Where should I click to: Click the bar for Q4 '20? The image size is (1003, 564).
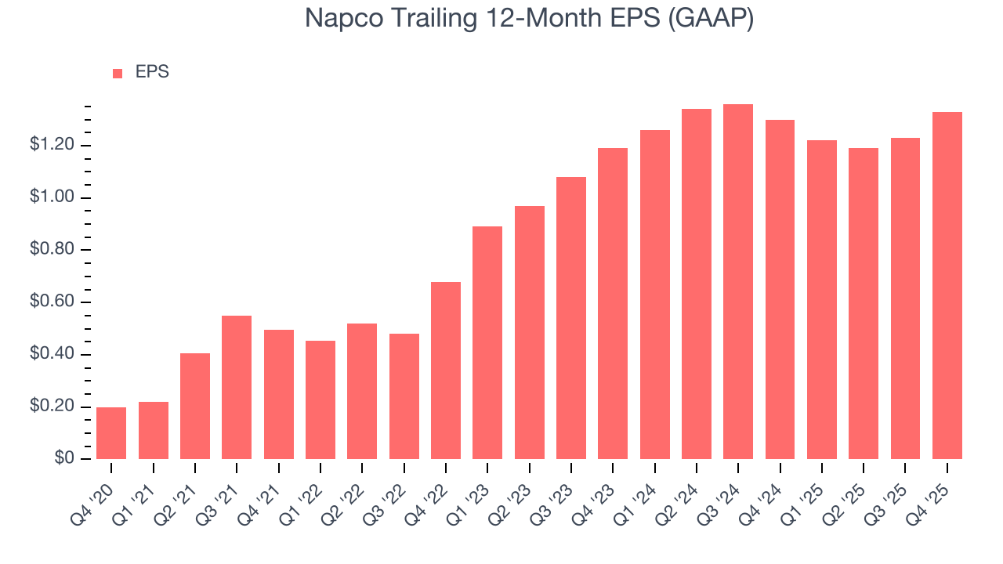pos(111,433)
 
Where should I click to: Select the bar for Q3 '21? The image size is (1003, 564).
pos(237,387)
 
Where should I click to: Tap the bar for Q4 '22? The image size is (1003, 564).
pos(446,371)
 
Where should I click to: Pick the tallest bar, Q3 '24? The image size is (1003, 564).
pos(738,282)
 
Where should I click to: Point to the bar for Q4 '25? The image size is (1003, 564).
pos(947,286)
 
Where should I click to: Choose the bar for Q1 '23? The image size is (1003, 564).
pos(487,343)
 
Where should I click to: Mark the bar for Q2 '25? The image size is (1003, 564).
pos(864,304)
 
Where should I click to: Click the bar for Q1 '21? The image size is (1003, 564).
pos(154,431)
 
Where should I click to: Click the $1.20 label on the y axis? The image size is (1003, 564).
pos(52,145)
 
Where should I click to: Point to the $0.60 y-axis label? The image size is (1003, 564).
pos(52,302)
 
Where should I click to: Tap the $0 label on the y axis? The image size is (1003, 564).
pos(63,459)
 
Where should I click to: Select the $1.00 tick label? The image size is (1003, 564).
pos(52,197)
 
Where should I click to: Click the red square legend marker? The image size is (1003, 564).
pos(118,73)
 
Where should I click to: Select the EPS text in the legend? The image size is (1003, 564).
pos(152,72)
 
